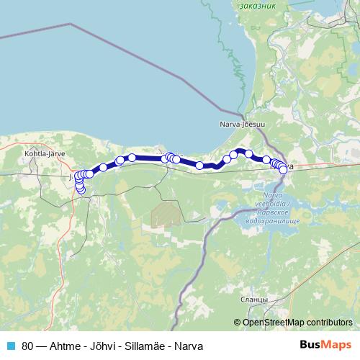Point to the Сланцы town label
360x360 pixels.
pos(256,299)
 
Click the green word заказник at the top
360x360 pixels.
pos(258,6)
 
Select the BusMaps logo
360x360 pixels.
pos(325,345)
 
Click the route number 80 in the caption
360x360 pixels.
pos(27,346)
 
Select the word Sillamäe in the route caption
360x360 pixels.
pos(143,346)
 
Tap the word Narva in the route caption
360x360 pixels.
pos(188,346)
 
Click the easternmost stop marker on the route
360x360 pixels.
pos(283,169)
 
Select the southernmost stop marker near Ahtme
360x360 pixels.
pos(80,189)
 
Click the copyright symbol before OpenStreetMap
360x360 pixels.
pos(238,323)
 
